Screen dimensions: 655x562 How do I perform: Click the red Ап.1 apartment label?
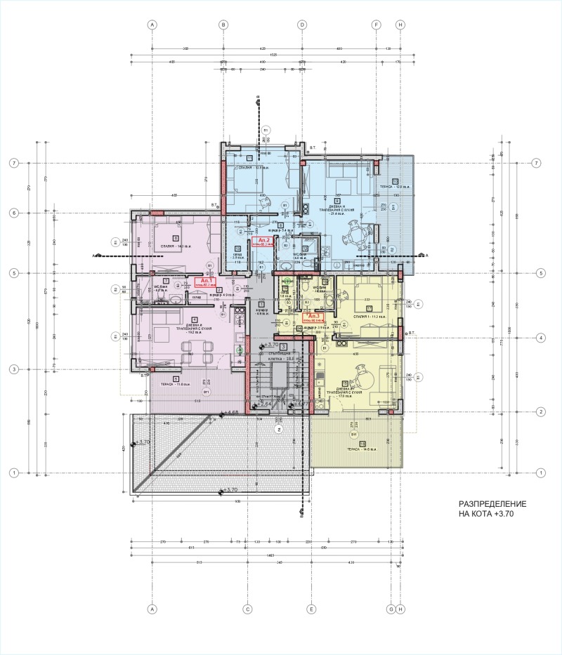(205, 282)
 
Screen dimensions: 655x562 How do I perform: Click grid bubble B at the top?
(223, 24)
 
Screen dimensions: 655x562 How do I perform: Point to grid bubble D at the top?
(302, 24)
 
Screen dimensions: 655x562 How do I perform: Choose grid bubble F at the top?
(376, 24)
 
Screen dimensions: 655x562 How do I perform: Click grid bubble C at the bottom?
(247, 609)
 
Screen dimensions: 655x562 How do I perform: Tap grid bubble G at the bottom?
(391, 609)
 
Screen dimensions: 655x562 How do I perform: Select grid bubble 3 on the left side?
(13, 369)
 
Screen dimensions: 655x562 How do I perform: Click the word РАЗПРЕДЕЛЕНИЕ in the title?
(492, 505)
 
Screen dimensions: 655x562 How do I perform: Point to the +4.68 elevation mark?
(230, 413)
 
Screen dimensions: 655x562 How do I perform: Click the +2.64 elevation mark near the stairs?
(263, 404)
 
